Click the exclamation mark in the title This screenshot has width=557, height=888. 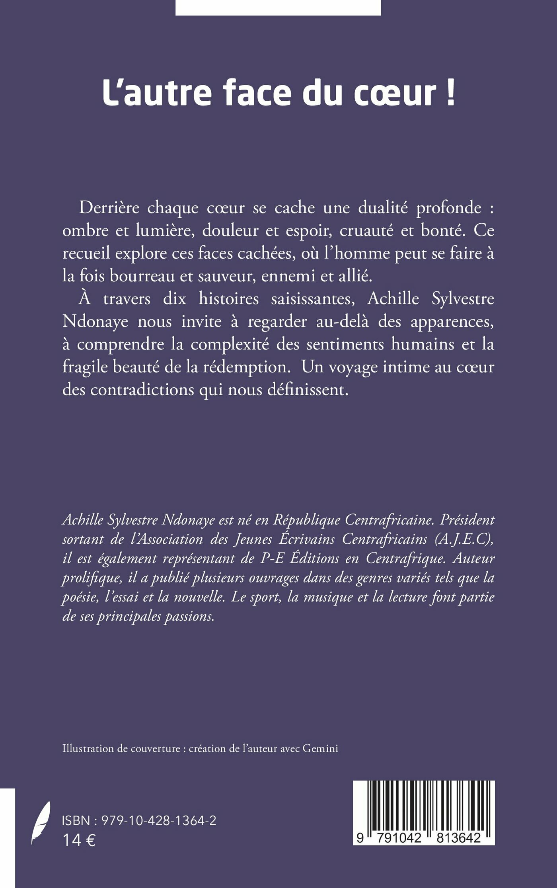(450, 92)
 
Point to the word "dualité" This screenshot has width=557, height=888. (383, 208)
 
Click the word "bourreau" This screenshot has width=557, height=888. (142, 276)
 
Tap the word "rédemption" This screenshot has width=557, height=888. (247, 367)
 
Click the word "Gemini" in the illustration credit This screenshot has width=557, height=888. (320, 748)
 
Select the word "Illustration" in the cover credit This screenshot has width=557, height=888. (88, 748)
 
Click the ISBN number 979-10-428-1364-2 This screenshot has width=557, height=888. (159, 820)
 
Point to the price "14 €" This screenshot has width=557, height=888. (79, 840)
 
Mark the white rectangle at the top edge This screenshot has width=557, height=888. (278, 7)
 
